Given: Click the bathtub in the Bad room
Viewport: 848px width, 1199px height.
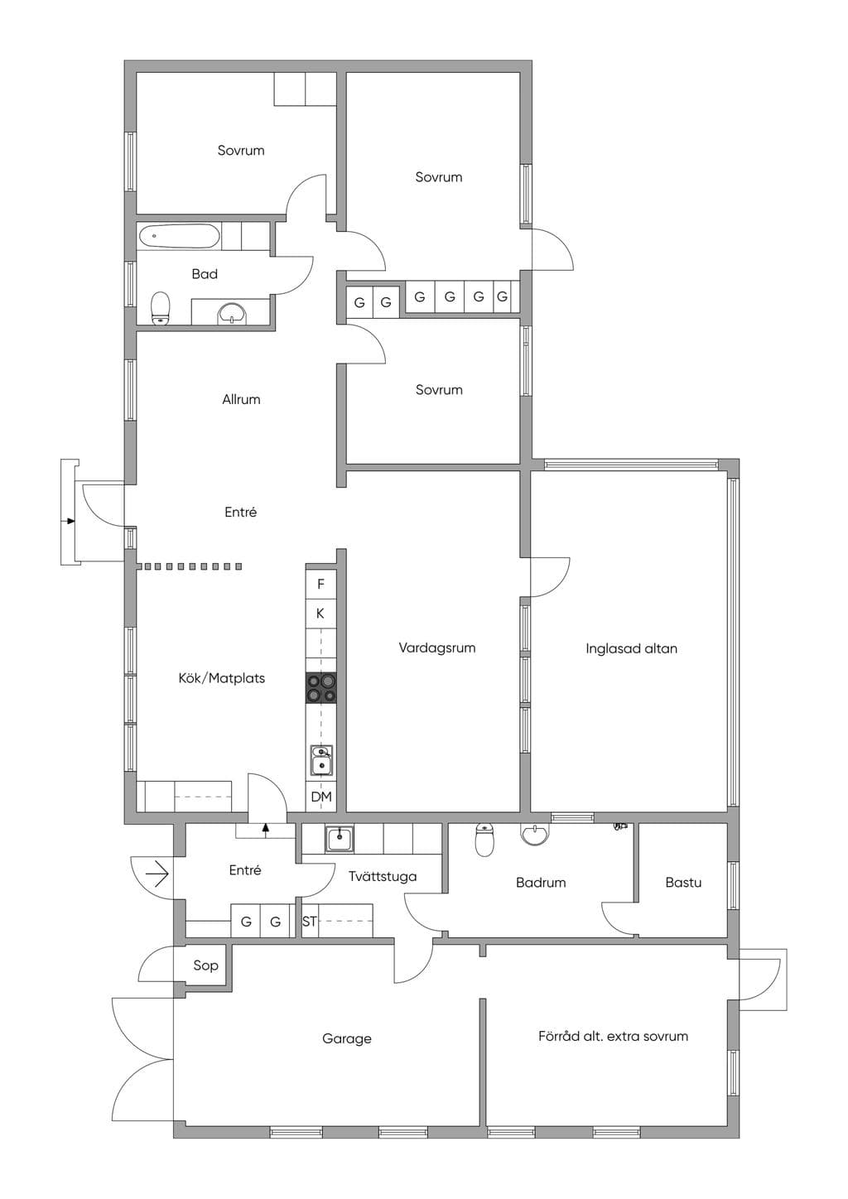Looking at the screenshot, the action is (x=180, y=236).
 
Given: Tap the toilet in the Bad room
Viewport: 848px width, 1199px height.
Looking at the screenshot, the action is (x=161, y=308).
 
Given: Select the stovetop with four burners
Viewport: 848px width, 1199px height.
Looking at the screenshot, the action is (x=321, y=687).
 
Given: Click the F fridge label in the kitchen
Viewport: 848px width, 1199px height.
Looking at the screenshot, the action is (x=320, y=584).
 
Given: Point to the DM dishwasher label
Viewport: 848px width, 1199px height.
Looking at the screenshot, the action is (x=321, y=797).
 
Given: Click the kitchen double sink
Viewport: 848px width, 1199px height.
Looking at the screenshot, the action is (x=321, y=760).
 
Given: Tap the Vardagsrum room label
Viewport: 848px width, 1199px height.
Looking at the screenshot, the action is (x=437, y=648).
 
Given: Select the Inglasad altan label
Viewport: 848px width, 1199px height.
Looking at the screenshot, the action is (x=631, y=648).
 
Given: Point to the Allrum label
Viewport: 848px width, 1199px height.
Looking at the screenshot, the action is (x=241, y=399).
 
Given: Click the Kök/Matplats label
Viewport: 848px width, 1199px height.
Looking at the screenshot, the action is (x=222, y=678).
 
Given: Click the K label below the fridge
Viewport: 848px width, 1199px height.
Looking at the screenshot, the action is (x=320, y=614).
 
